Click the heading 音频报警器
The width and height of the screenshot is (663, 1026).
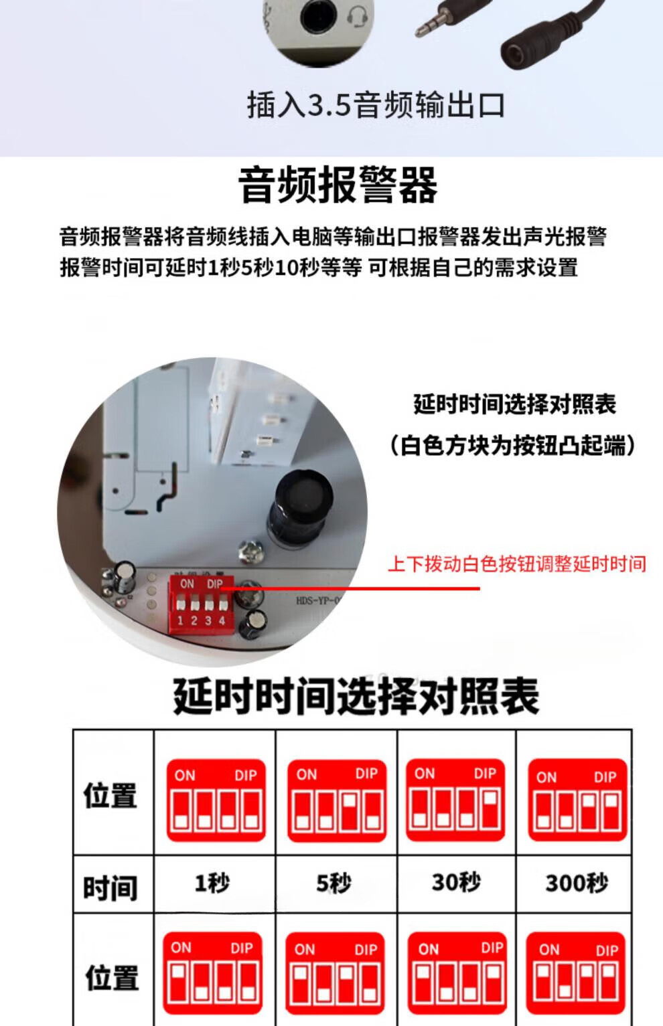pyautogui.click(x=338, y=185)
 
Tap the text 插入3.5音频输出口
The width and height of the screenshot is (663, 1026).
pyautogui.click(x=376, y=105)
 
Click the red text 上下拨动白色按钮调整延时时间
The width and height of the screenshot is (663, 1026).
pyautogui.click(x=517, y=564)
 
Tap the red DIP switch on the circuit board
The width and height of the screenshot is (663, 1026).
pyautogui.click(x=202, y=604)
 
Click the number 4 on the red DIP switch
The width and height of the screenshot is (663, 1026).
pyautogui.click(x=222, y=620)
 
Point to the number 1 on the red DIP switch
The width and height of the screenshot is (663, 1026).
pyautogui.click(x=180, y=620)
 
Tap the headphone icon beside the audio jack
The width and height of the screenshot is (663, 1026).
pyautogui.click(x=357, y=18)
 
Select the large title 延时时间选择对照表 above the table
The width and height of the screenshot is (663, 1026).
pyautogui.click(x=356, y=696)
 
